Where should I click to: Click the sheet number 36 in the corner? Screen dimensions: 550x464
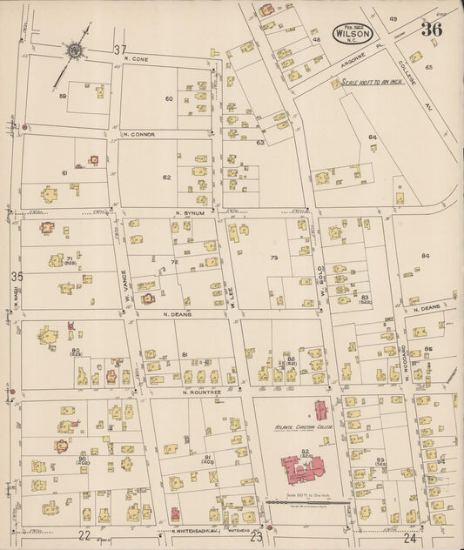pyautogui.click(x=431, y=30)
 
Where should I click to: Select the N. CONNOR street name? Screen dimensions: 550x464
pyautogui.click(x=140, y=134)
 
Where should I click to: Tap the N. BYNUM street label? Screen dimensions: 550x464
pyautogui.click(x=189, y=212)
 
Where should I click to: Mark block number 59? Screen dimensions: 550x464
pyautogui.click(x=62, y=97)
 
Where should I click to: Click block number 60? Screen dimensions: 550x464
pyautogui.click(x=170, y=98)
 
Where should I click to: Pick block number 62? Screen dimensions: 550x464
pyautogui.click(x=166, y=177)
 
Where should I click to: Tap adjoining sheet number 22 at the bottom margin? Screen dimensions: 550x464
pyautogui.click(x=84, y=535)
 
